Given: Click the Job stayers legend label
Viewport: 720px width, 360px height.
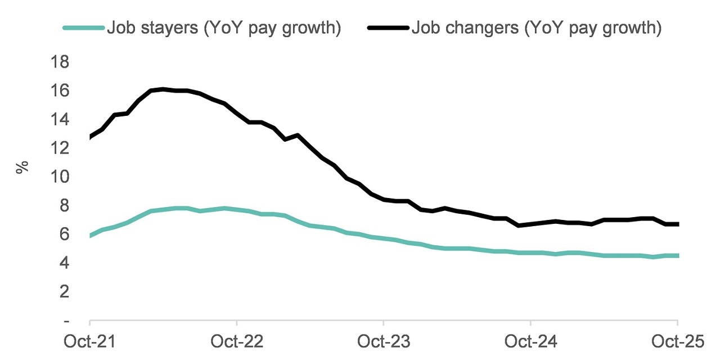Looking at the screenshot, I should click(x=224, y=28).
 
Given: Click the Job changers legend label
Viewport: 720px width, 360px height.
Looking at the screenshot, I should click(x=536, y=28).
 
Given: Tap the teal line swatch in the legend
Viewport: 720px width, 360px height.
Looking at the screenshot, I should click(x=84, y=28).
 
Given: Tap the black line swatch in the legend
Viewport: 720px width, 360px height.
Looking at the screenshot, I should click(x=388, y=28).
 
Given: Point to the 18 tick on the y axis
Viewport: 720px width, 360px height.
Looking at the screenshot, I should click(x=61, y=61).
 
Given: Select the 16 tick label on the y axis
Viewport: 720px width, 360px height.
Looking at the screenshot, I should click(x=61, y=91).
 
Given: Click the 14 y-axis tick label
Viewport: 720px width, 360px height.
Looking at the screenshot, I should click(x=61, y=119).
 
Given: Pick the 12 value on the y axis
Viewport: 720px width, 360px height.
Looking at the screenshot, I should click(x=61, y=148).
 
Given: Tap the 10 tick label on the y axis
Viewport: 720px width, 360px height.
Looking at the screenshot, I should click(x=61, y=177).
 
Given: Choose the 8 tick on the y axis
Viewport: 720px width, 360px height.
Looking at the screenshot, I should click(x=65, y=206).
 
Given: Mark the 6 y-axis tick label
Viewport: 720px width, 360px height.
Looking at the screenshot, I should click(x=65, y=235).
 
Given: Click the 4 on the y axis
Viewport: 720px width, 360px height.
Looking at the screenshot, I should click(x=65, y=263).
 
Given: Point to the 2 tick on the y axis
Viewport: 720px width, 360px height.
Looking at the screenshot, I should click(x=65, y=292).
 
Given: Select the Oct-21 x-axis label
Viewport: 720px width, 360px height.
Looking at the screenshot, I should click(x=90, y=341).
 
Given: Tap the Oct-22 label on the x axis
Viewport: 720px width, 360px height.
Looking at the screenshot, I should click(x=237, y=341).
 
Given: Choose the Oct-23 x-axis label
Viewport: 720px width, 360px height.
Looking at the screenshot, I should click(x=384, y=341).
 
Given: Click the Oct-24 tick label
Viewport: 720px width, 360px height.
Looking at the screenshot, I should click(x=530, y=341).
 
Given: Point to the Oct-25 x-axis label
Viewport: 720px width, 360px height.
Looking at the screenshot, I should click(x=677, y=341).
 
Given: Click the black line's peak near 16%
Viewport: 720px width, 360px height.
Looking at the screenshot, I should click(x=163, y=89).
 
